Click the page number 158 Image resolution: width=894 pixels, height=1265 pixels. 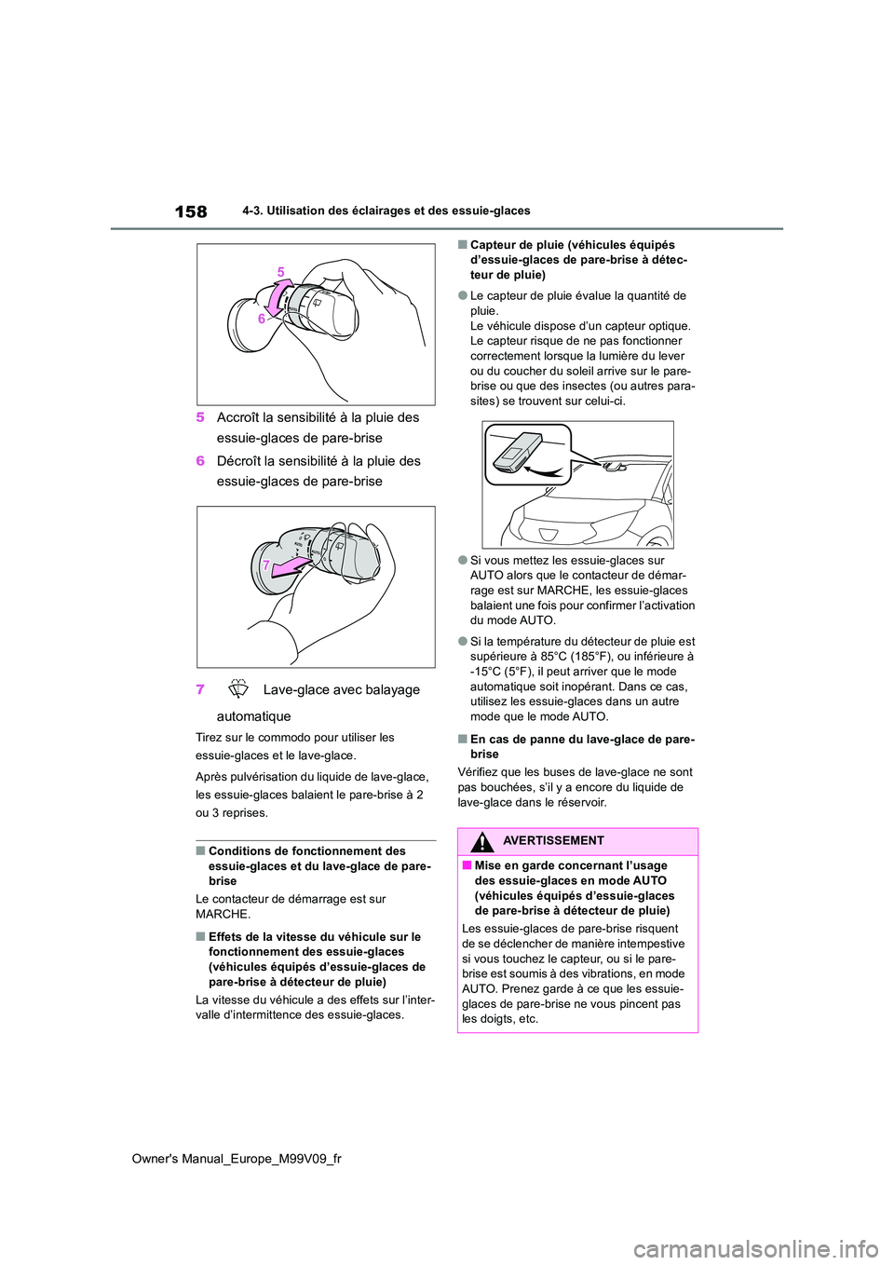(191, 211)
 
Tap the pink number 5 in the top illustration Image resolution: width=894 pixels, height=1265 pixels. (280, 272)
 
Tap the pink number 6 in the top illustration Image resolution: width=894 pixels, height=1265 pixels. (262, 319)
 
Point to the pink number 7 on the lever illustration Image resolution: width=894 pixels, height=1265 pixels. (266, 565)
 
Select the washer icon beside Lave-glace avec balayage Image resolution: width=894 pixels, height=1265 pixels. (238, 689)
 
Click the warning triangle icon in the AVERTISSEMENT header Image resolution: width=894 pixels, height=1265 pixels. (481, 842)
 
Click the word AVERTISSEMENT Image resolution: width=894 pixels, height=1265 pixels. (553, 841)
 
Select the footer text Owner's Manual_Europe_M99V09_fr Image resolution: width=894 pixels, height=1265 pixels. (237, 1159)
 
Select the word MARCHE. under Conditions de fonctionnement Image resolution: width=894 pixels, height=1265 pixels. (223, 914)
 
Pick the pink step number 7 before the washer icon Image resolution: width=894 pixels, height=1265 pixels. (200, 690)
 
